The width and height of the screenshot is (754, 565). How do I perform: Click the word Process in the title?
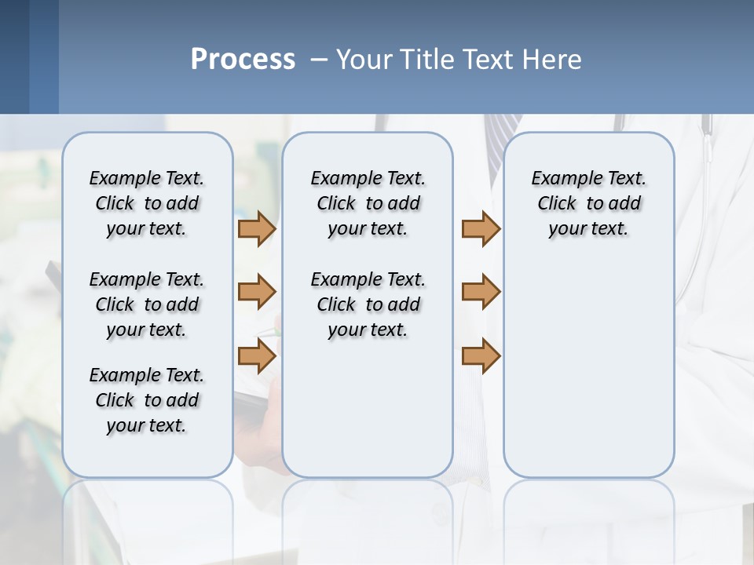coord(243,60)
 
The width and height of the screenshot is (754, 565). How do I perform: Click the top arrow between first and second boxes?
coord(257,229)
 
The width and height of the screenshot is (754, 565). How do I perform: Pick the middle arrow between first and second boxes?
coord(257,292)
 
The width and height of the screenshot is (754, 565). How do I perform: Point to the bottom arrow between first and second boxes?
coord(257,356)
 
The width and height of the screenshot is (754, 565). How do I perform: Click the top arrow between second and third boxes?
coord(481,229)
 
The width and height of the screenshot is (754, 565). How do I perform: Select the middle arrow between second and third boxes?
coord(481,292)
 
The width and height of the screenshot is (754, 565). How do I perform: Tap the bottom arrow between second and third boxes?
coord(481,356)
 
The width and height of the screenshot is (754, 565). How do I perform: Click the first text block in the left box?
coord(147,203)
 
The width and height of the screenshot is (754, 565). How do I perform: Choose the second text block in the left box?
coord(147,304)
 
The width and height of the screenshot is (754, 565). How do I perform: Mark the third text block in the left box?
coord(147,400)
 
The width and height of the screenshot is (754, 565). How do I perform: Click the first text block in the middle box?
coord(368,203)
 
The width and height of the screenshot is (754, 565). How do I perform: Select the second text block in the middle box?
coord(368,304)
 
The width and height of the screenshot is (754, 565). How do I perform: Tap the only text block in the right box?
coord(588,203)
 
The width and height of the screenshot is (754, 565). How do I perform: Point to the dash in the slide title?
coord(319,60)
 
